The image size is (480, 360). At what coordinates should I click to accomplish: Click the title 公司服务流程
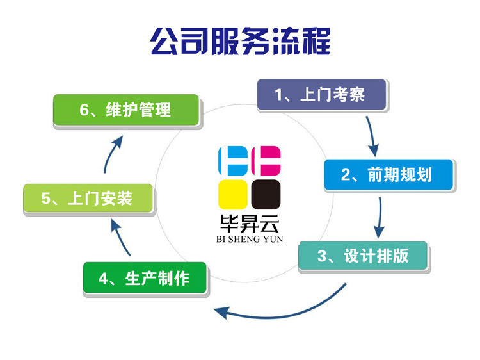point(240,42)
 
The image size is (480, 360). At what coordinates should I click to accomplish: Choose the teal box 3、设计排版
point(362,256)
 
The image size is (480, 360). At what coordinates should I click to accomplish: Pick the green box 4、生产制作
point(145,277)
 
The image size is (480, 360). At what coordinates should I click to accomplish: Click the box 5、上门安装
point(88,199)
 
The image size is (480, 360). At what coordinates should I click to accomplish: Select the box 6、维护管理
point(126,110)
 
